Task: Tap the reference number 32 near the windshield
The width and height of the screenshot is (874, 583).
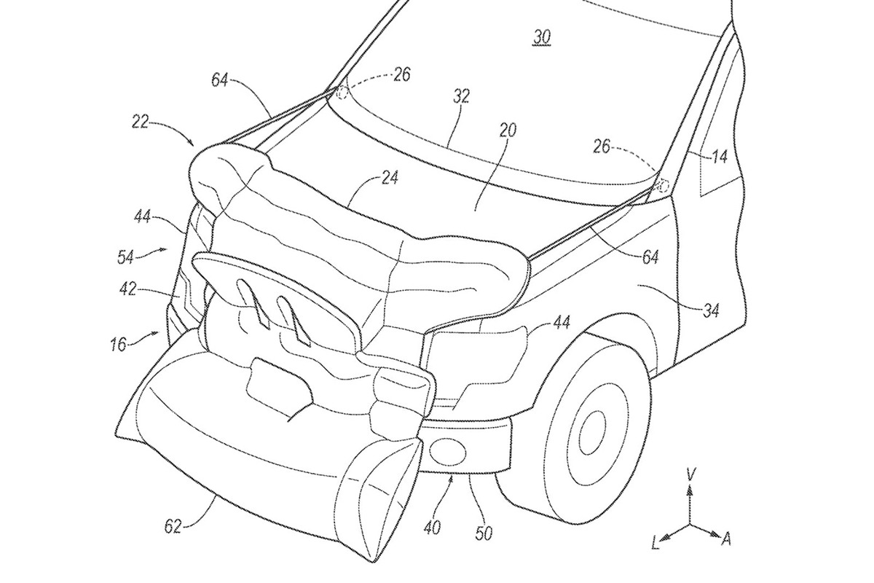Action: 460,96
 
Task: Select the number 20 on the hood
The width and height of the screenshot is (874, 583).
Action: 508,130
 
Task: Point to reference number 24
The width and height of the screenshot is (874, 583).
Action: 390,178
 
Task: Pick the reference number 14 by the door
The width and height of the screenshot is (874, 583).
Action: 720,156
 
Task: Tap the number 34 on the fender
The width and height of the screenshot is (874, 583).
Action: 710,311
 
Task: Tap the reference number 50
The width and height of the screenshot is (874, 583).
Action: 482,534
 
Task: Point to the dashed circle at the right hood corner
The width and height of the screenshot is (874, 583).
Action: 663,187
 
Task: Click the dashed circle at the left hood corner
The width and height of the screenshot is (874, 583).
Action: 343,92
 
